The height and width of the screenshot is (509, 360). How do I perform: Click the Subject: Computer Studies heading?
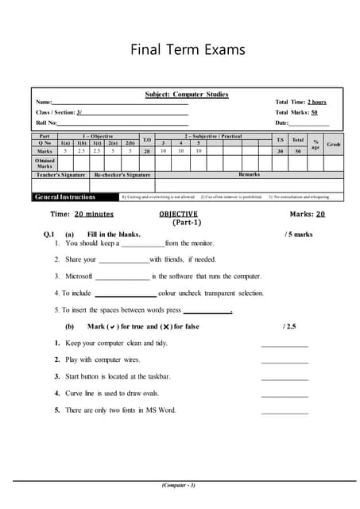pos(187,95)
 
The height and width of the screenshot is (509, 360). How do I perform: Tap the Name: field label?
pos(44,103)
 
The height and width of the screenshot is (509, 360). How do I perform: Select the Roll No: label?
pos(46,123)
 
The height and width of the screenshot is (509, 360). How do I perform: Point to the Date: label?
pos(282,123)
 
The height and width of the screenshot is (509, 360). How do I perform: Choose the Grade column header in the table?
pos(334,144)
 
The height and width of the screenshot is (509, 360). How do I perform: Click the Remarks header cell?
pos(249,173)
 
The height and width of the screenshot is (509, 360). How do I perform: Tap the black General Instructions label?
pos(65,196)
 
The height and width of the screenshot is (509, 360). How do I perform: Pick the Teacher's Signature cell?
pos(61,173)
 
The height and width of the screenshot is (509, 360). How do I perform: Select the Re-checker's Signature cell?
pos(122,173)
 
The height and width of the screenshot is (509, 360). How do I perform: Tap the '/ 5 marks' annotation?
pos(298,235)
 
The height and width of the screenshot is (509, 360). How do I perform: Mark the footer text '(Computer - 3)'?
pos(178,484)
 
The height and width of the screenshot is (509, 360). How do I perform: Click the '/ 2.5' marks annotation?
pos(289,326)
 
